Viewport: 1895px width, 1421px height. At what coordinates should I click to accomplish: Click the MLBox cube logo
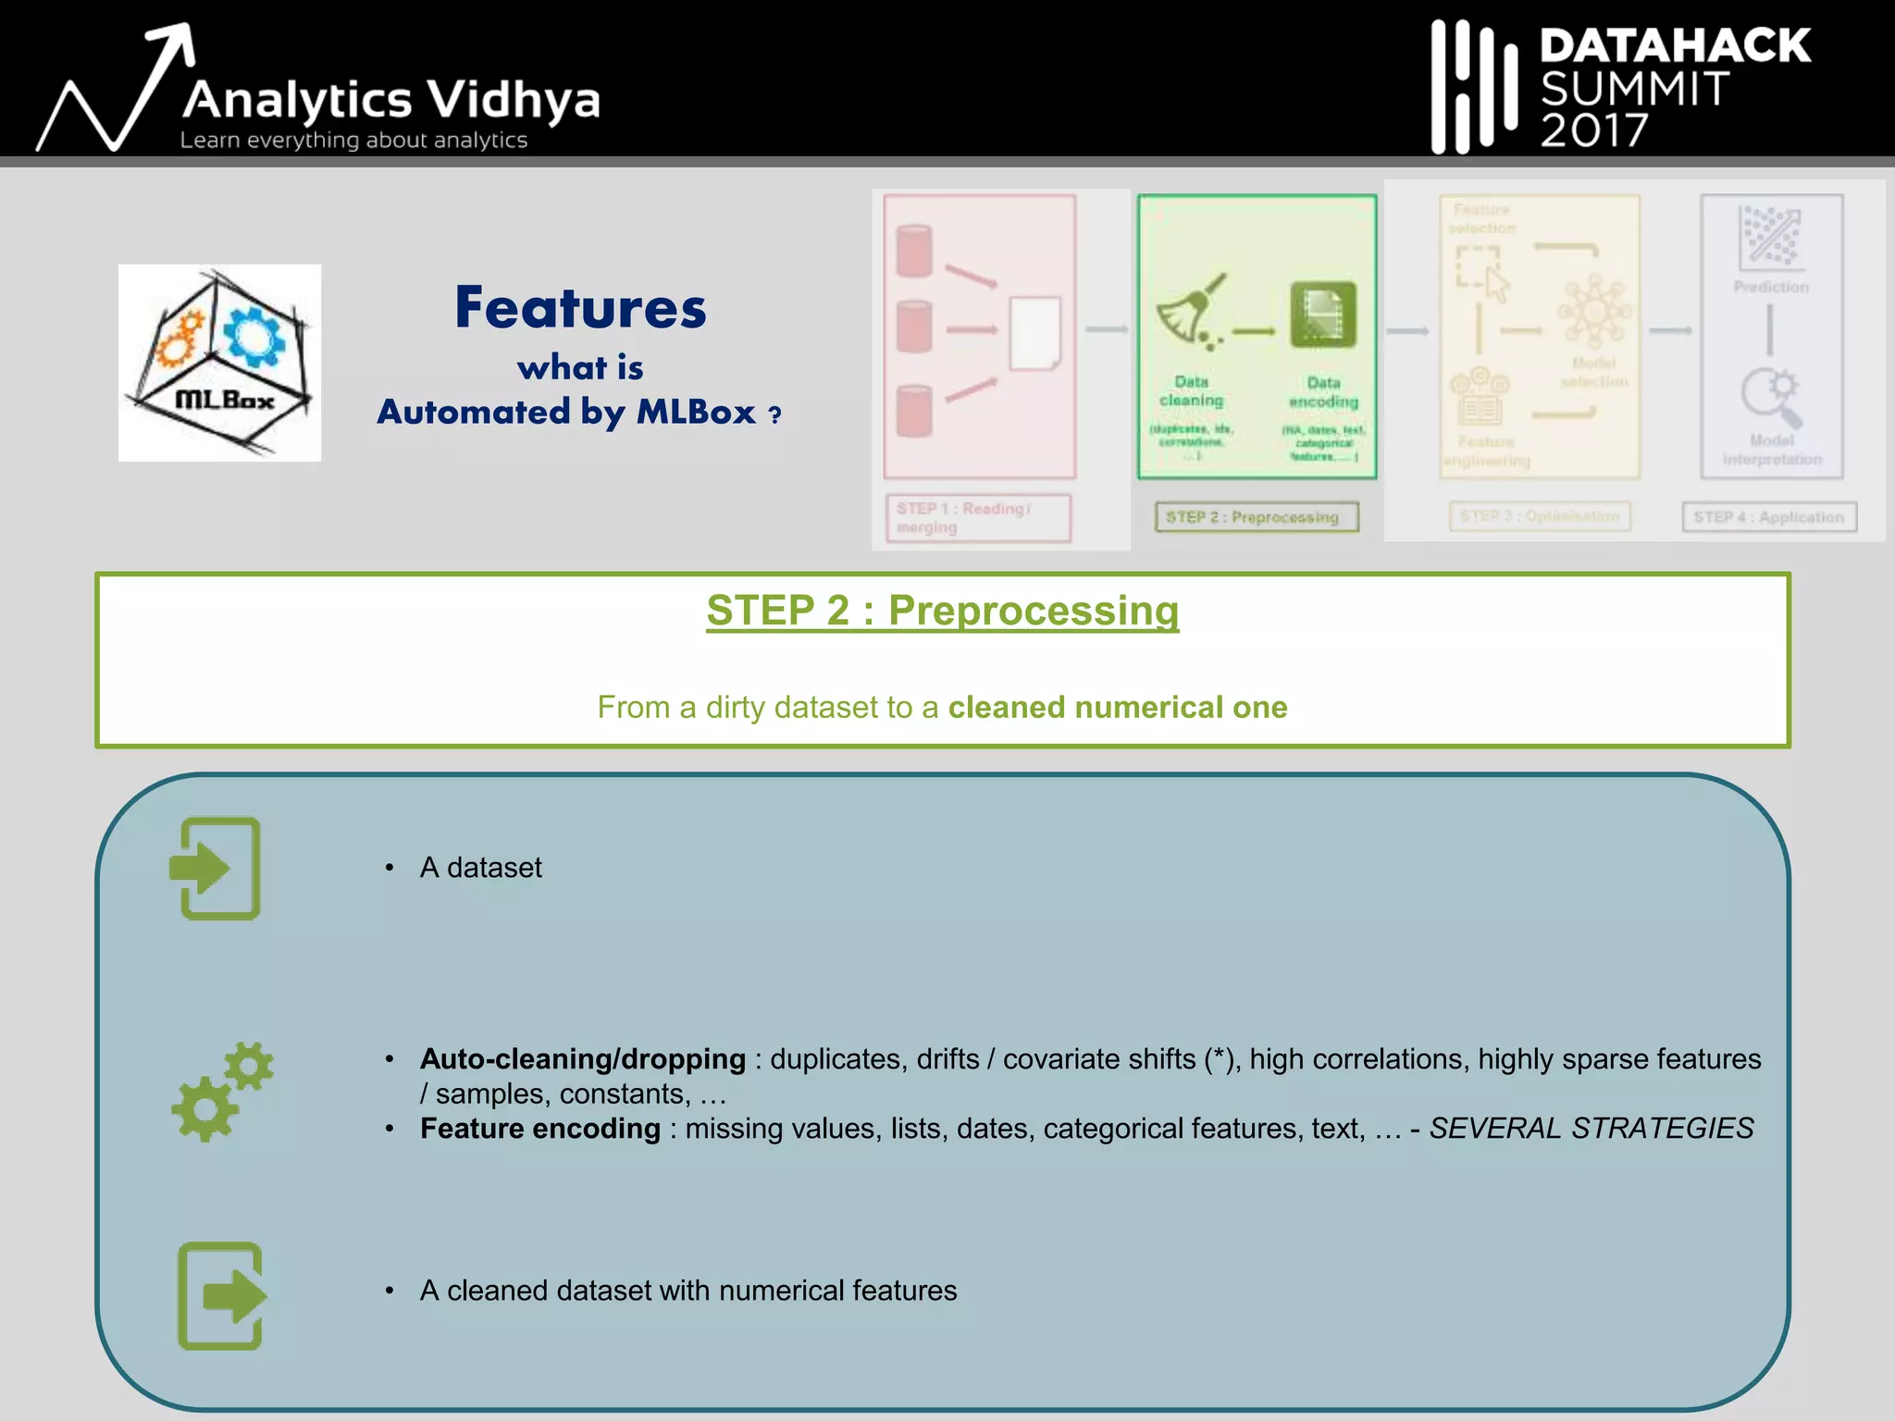point(220,363)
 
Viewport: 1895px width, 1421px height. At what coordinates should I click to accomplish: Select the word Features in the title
point(580,308)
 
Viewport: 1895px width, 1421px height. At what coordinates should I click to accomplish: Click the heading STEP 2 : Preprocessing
point(942,611)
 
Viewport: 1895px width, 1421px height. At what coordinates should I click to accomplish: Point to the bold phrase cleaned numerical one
point(1117,708)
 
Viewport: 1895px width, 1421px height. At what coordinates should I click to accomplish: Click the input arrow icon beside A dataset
point(216,868)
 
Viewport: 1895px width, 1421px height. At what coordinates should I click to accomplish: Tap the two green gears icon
point(222,1092)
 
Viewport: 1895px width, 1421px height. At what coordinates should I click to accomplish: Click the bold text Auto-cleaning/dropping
point(582,1059)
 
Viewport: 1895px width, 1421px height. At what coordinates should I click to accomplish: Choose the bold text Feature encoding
point(539,1129)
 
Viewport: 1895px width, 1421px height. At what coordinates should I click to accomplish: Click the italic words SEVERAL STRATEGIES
point(1591,1129)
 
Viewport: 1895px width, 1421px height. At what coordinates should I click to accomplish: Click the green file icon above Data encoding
point(1323,315)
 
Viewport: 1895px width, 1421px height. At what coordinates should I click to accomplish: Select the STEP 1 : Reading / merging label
point(977,518)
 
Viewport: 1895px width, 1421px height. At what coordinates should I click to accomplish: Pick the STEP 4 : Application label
point(1768,517)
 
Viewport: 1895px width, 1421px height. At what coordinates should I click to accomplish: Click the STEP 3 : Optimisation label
point(1539,516)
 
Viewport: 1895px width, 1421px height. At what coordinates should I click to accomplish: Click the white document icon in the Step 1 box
point(1034,333)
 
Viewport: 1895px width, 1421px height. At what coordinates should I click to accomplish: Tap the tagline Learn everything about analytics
point(353,141)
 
